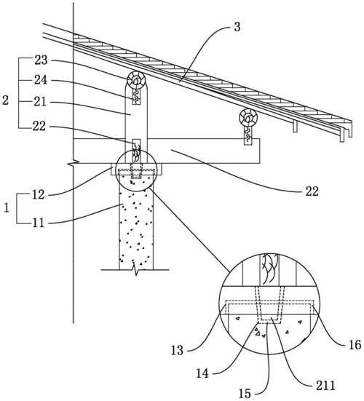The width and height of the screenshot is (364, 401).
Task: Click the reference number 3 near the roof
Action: tap(237, 27)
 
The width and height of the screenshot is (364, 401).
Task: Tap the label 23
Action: tap(41, 60)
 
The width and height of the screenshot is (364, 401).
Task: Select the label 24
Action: tap(41, 80)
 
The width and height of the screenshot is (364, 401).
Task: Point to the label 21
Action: tap(40, 102)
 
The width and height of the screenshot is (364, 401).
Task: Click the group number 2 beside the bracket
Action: tap(5, 100)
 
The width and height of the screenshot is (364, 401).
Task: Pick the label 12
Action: tap(38, 195)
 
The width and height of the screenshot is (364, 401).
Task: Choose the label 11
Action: tap(38, 223)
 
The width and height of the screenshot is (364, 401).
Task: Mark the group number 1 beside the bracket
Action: tap(7, 208)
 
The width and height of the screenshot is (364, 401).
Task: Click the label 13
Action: tap(178, 350)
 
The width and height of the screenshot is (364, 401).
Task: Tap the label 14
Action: tap(202, 373)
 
